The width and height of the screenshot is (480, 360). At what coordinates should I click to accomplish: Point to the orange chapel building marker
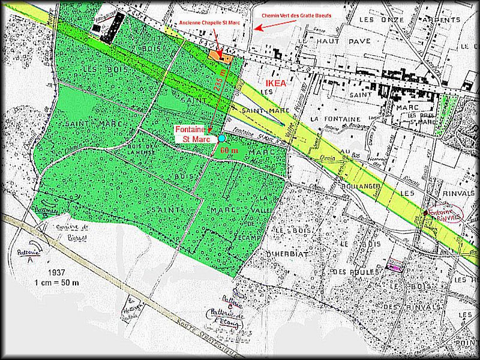tap(221, 56)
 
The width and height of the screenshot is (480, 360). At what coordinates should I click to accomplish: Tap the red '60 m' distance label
tap(229, 149)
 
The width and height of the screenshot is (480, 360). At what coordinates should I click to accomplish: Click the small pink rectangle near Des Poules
tap(395, 264)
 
